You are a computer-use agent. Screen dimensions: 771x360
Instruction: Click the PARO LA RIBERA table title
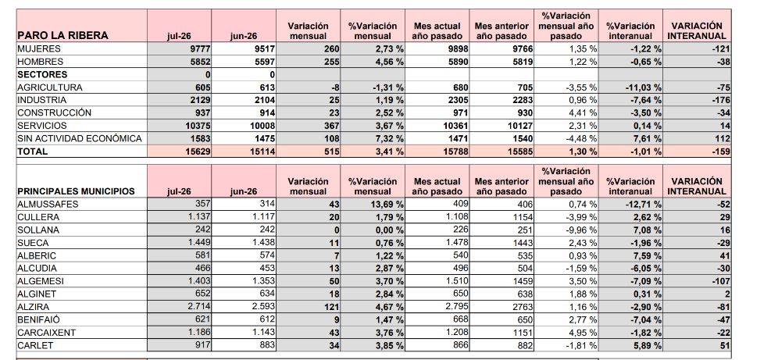pos(63,35)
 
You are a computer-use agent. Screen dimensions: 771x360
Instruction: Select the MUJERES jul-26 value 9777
pos(200,48)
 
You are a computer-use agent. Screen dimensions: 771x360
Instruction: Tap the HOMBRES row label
pos(41,62)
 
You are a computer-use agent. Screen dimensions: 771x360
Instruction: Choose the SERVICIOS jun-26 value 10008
pos(262,126)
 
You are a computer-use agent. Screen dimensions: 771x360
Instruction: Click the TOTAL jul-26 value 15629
pos(197,151)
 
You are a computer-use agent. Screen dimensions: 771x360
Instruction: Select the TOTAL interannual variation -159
pos(720,151)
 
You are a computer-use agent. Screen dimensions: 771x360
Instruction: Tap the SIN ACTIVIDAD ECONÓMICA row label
pos(80,139)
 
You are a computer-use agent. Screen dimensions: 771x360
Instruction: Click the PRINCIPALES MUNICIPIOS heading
pos(77,191)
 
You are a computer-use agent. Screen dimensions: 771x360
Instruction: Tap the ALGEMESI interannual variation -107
pos(720,281)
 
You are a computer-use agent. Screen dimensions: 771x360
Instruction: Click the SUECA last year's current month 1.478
pos(456,242)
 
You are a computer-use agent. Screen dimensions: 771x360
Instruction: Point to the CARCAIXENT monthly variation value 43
pos(334,333)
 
